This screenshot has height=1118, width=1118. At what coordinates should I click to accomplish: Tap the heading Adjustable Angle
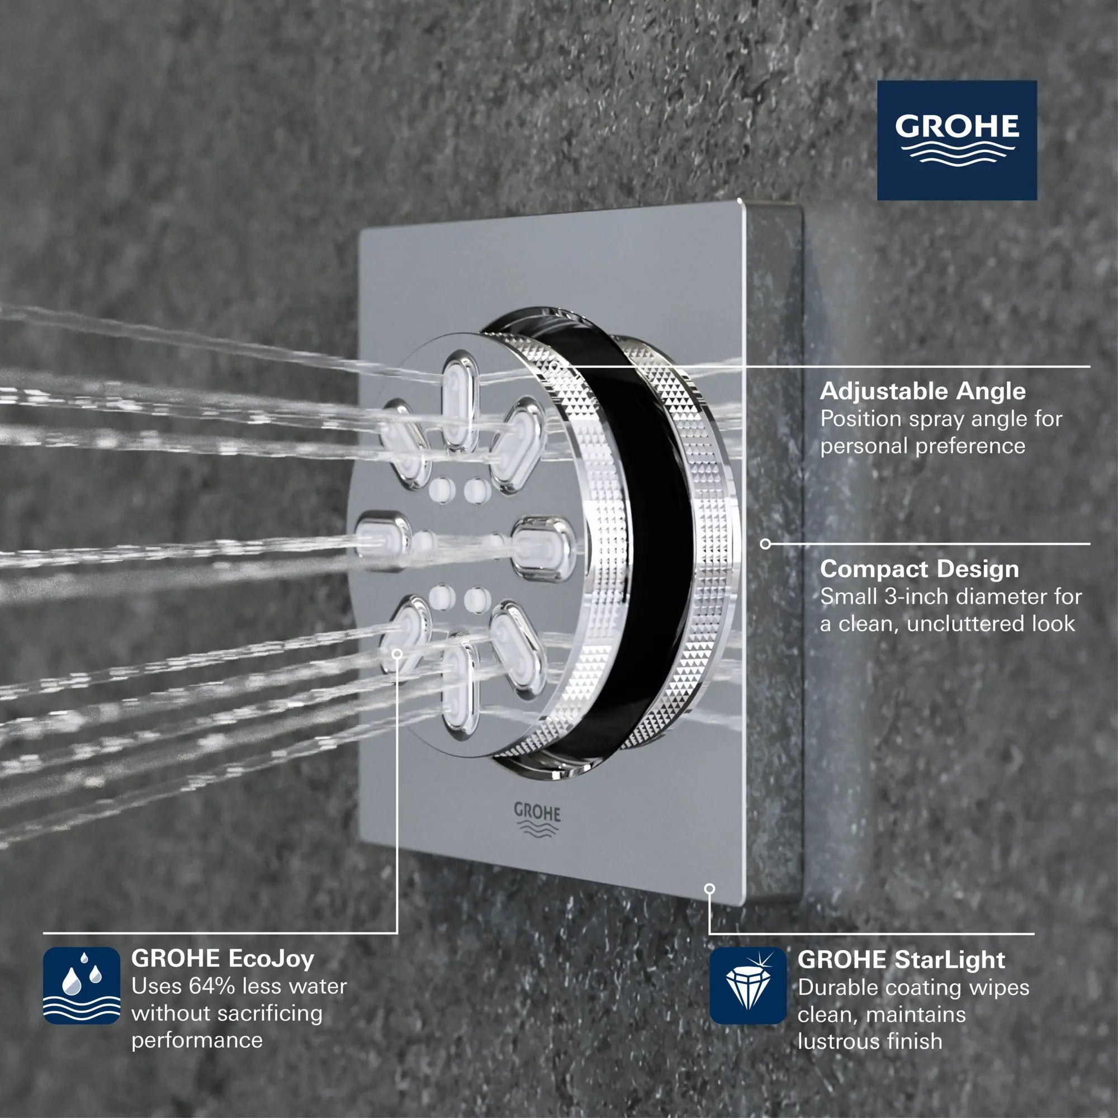click(922, 391)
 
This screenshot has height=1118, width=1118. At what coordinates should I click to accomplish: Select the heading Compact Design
click(919, 569)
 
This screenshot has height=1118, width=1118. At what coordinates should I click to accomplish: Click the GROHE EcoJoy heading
click(223, 958)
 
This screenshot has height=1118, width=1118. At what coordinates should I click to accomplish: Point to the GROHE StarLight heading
click(901, 959)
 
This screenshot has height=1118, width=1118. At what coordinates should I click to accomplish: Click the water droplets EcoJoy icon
click(82, 986)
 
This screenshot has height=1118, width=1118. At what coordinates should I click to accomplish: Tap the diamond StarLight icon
click(747, 986)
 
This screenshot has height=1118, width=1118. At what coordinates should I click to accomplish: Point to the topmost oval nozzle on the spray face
click(461, 401)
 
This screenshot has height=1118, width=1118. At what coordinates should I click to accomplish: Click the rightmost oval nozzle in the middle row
click(543, 547)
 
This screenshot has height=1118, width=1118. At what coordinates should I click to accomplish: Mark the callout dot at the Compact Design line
click(765, 544)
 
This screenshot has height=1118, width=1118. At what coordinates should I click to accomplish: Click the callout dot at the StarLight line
click(710, 888)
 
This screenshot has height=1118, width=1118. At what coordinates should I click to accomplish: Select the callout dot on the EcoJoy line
click(397, 654)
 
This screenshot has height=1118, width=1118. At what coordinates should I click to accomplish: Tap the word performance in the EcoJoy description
click(197, 1040)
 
